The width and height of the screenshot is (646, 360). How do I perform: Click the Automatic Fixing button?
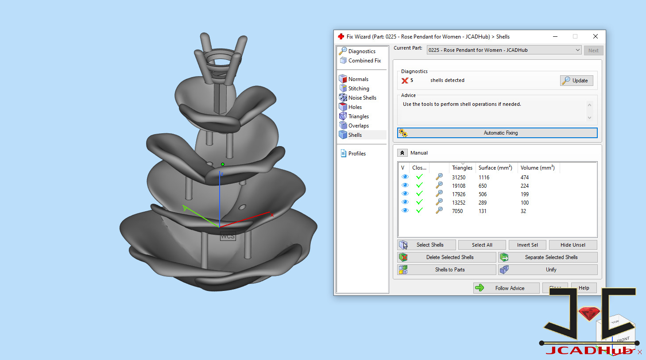(x=497, y=133)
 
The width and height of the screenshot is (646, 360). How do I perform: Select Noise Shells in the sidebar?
(x=362, y=98)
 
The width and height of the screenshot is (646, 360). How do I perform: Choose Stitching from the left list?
(x=358, y=89)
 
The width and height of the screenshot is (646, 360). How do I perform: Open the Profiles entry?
(x=357, y=154)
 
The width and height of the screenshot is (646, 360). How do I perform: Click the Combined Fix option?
(x=364, y=61)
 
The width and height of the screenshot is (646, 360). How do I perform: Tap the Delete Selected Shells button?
(x=447, y=257)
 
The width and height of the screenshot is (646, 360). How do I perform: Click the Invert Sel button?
(x=527, y=245)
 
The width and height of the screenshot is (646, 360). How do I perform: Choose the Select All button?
(x=482, y=245)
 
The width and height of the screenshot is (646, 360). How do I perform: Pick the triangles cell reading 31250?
(x=459, y=178)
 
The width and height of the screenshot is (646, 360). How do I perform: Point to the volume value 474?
(x=525, y=178)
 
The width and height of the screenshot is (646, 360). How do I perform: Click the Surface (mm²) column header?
(x=495, y=168)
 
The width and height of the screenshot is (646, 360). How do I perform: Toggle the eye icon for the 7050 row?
(x=405, y=211)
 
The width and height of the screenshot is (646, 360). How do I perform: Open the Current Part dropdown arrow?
(x=577, y=50)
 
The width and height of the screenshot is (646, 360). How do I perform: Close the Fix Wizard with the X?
(x=596, y=36)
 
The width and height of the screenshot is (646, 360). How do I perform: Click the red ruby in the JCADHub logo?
(x=589, y=314)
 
